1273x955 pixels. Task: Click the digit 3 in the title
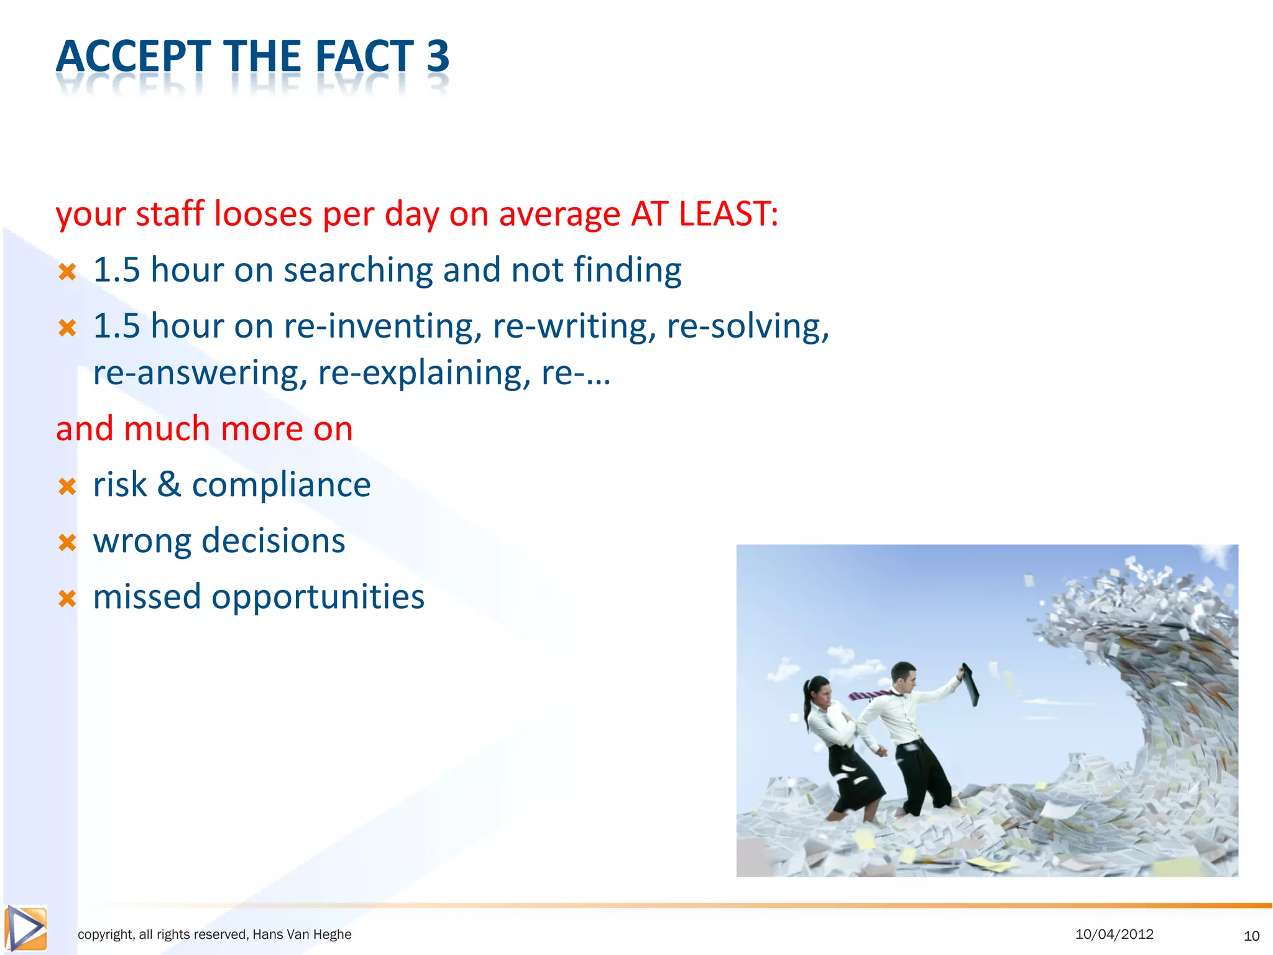(x=437, y=56)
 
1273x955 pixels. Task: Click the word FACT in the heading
(x=364, y=56)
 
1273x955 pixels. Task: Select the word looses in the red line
(x=263, y=213)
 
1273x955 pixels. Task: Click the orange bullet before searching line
(x=67, y=272)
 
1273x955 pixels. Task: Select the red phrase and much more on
(x=204, y=428)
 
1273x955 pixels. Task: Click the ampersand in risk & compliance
(x=169, y=484)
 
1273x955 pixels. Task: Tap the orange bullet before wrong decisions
(x=67, y=543)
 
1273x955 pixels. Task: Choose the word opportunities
(x=318, y=597)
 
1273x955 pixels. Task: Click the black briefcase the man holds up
(x=969, y=684)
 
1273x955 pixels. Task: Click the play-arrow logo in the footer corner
(x=25, y=928)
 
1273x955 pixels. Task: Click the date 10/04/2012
(x=1114, y=934)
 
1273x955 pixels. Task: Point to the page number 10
(x=1251, y=936)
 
